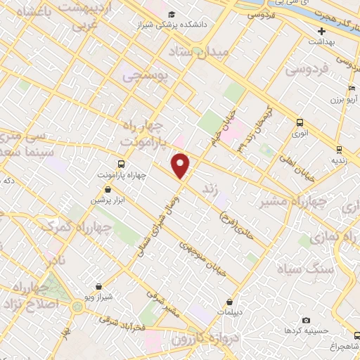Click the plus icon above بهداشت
321,31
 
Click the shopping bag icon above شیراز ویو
98,286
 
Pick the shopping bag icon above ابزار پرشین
106,189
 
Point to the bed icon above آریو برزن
351,89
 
